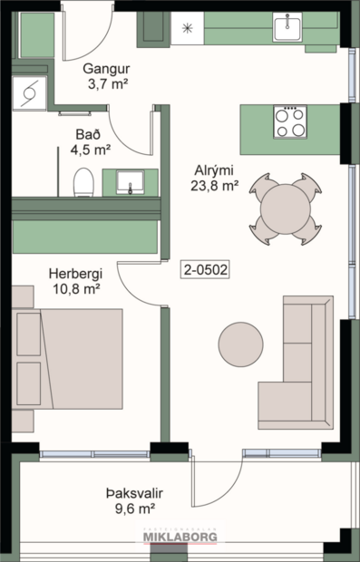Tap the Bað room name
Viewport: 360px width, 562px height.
[88, 133]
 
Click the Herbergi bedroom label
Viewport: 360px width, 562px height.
[76, 274]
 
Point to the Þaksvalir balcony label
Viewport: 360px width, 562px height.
[139, 494]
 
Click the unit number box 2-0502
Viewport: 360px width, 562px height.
[204, 268]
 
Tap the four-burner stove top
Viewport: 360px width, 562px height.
[290, 122]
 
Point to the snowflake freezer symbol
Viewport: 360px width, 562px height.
[188, 28]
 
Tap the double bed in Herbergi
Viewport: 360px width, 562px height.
[68, 360]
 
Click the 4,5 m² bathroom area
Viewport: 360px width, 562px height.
[91, 150]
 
